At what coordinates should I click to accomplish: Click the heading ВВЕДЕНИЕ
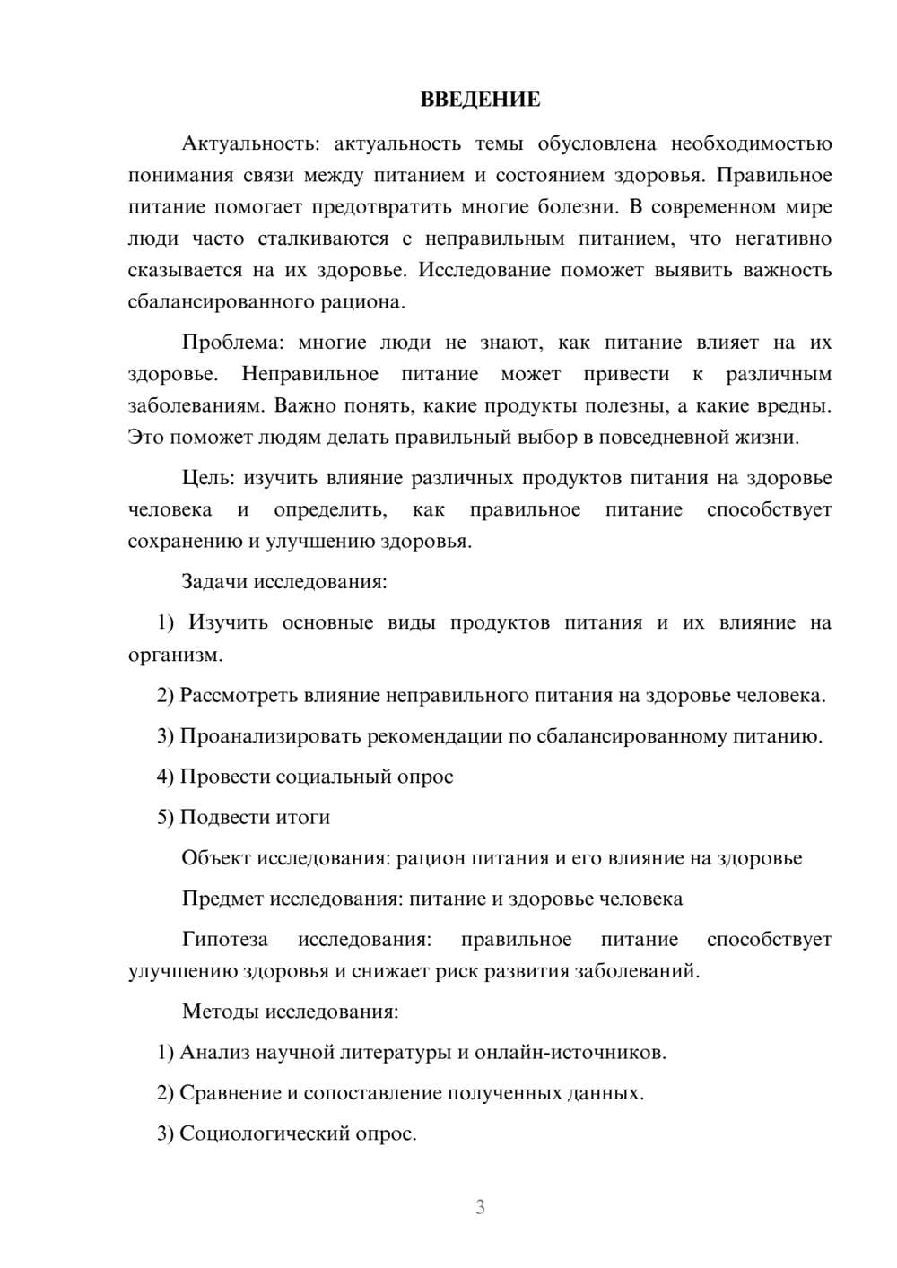480,100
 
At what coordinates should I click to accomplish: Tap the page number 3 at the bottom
480,1207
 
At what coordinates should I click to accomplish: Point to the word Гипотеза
224,939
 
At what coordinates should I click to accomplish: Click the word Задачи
214,581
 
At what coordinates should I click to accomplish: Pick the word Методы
220,1012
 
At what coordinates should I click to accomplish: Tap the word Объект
216,858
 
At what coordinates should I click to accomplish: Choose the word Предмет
222,899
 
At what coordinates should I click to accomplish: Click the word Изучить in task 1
228,622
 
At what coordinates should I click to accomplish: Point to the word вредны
798,405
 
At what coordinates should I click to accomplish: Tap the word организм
173,655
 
